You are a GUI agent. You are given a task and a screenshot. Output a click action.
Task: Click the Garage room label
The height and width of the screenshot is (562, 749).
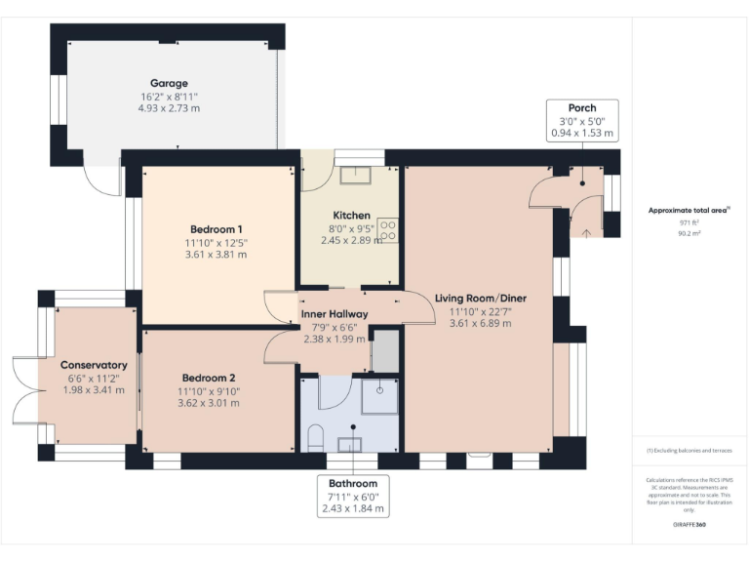(x=169, y=84)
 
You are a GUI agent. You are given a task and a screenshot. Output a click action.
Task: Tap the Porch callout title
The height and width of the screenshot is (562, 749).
(x=582, y=107)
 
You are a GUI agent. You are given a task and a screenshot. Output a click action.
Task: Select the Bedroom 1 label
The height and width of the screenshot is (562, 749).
(x=217, y=229)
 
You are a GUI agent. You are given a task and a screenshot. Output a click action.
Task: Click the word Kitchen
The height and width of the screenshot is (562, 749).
(x=351, y=216)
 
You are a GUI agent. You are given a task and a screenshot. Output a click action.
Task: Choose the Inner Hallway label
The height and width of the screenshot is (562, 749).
(x=334, y=314)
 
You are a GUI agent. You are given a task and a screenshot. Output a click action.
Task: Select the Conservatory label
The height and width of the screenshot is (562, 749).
(x=87, y=365)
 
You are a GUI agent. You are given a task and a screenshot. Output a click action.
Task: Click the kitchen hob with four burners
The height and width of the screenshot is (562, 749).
(x=387, y=229)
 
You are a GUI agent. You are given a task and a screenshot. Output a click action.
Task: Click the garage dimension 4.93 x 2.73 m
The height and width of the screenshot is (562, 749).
(x=169, y=108)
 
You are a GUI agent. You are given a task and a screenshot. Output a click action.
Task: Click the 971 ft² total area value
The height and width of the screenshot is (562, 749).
(x=690, y=222)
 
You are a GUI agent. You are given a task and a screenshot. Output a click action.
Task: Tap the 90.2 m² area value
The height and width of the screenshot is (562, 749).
(x=690, y=233)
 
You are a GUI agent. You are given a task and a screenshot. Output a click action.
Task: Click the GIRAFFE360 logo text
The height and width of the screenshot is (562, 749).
(x=690, y=525)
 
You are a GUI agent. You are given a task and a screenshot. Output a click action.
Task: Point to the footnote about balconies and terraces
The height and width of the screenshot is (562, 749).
(x=689, y=451)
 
